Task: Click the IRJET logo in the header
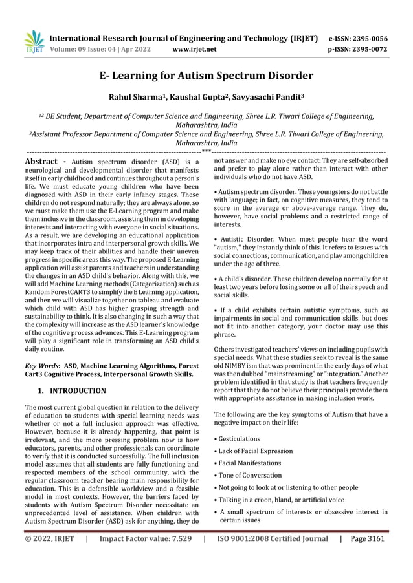[x=33, y=39]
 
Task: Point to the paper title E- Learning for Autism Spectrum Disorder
[x=206, y=76]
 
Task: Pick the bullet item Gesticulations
[x=242, y=439]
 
